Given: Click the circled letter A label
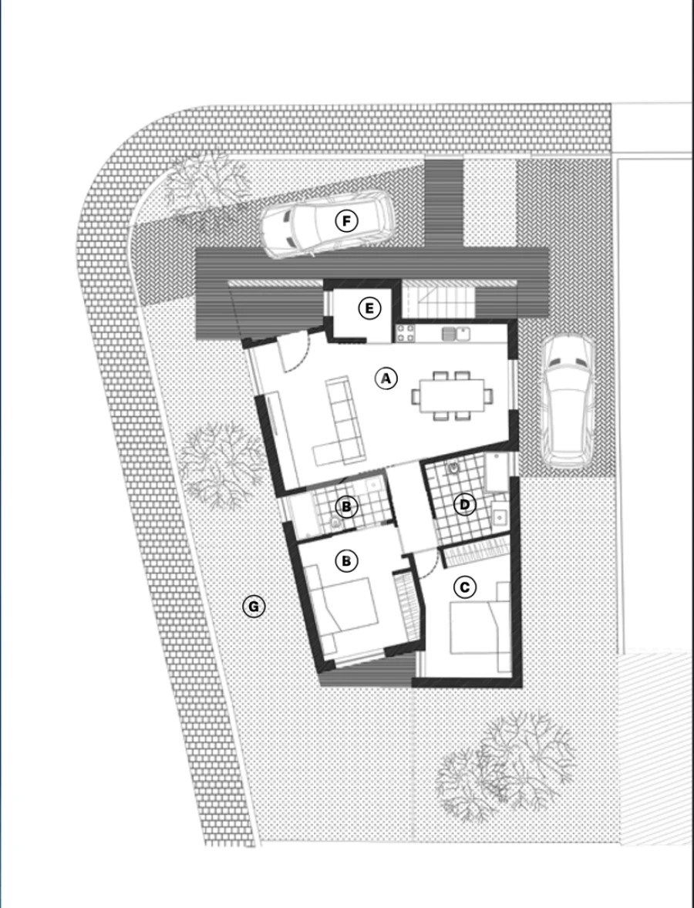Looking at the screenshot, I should (x=386, y=378).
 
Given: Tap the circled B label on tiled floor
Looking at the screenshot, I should (x=346, y=506).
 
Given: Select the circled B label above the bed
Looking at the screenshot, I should (x=346, y=561).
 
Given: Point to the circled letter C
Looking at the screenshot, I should (x=464, y=587).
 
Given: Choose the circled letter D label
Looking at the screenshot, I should (x=464, y=505).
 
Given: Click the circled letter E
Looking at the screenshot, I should (x=369, y=309).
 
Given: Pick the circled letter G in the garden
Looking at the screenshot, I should (x=253, y=607).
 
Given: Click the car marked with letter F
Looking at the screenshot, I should (x=325, y=223).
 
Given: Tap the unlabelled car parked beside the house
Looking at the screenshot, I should (x=567, y=402).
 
